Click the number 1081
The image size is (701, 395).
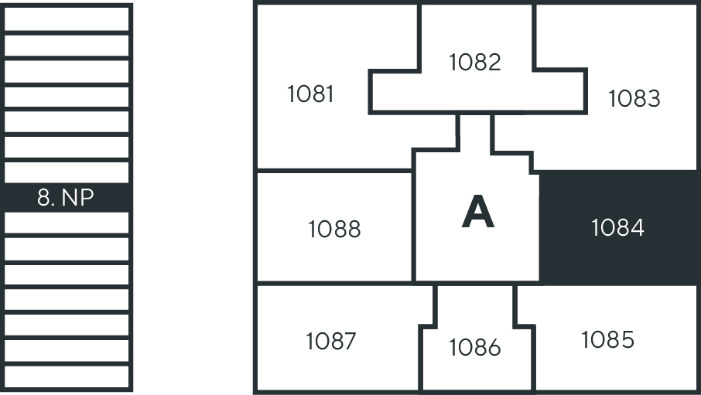click(x=310, y=94)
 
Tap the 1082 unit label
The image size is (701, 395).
click(x=475, y=62)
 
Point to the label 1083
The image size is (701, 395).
click(x=634, y=99)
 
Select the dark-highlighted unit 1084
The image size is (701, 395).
click(x=617, y=228)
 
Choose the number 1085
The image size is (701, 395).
click(x=607, y=339)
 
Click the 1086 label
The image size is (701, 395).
click(x=475, y=348)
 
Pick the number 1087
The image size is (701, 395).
click(x=330, y=341)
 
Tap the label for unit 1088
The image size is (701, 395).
click(x=334, y=229)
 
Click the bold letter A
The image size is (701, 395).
click(x=477, y=213)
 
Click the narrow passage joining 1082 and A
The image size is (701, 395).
click(x=475, y=131)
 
